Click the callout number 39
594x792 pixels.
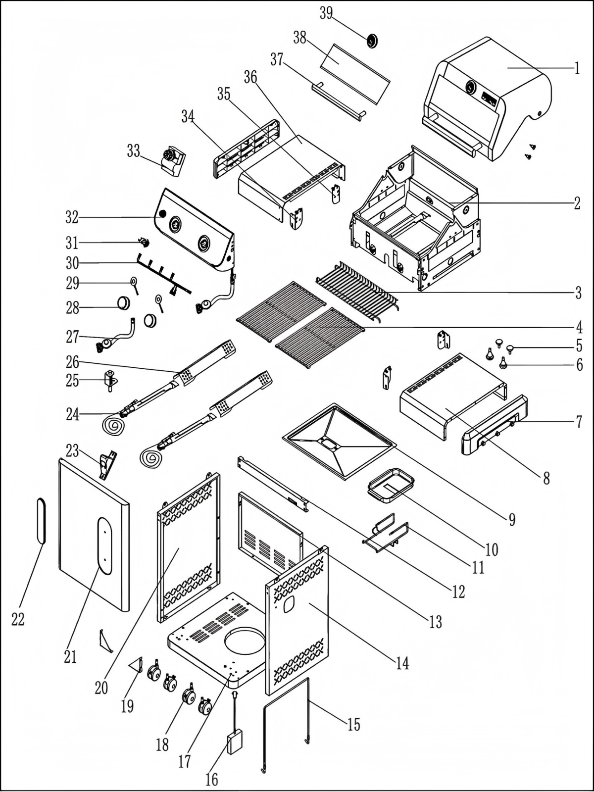pos(326,13)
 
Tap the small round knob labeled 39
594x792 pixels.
pos(372,40)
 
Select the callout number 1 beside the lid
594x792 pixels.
pos(577,68)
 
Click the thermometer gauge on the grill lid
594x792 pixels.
pos(470,88)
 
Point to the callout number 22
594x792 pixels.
pos(18,619)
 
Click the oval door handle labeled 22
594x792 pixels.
pos(42,521)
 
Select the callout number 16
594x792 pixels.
pos(211,779)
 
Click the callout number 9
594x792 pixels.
pos(511,519)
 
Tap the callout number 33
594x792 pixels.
pos(133,151)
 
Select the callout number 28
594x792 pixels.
pos(73,308)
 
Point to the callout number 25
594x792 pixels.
pos(73,381)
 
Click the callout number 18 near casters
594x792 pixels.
pos(162,744)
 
